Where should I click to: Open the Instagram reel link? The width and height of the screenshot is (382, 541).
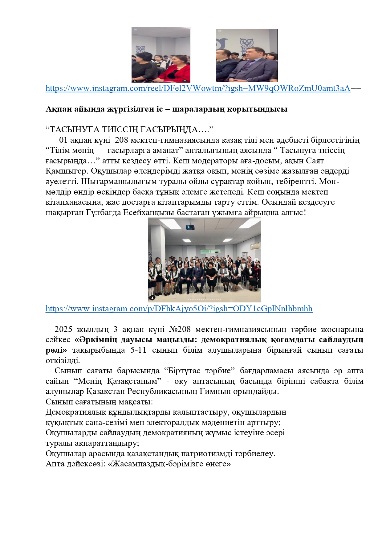[198, 88]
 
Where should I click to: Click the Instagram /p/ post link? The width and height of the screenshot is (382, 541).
[179, 309]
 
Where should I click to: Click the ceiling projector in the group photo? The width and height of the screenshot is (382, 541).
[190, 227]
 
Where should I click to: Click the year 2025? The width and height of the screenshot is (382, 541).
[63, 329]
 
